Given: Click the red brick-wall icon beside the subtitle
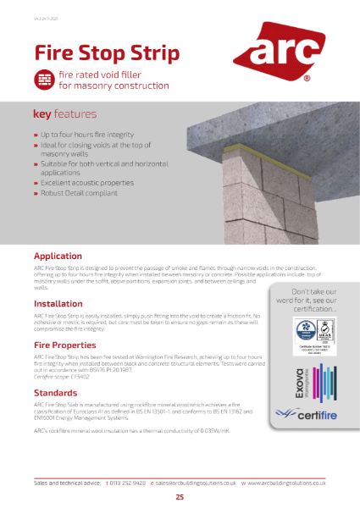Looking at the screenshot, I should [43, 80].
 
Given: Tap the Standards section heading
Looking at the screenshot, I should [56, 393].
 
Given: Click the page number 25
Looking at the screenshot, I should [180, 497].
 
